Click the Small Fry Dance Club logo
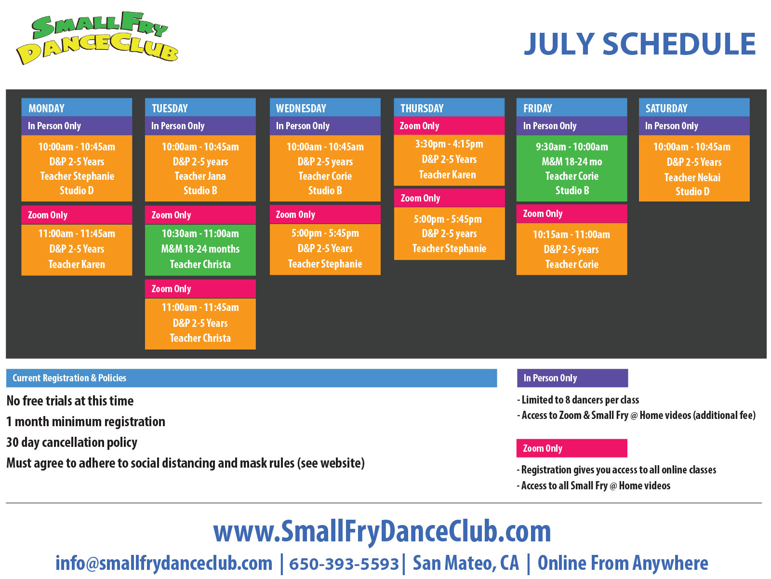click(x=97, y=38)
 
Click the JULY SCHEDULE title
click(x=639, y=44)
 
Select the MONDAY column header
click(x=46, y=108)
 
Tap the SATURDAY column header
click(x=666, y=108)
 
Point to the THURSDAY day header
click(x=422, y=108)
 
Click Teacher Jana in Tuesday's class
click(x=200, y=176)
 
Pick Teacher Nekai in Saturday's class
click(x=692, y=177)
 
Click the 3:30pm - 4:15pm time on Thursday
click(x=449, y=144)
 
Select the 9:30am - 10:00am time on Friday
click(x=572, y=147)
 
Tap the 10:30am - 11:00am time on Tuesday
click(x=200, y=234)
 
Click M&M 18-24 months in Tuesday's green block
click(x=200, y=249)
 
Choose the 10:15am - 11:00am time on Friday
click(x=572, y=234)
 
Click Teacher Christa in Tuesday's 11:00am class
click(x=200, y=338)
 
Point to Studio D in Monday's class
click(x=77, y=190)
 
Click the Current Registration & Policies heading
click(x=69, y=378)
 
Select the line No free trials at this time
click(x=70, y=401)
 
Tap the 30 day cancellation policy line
click(x=72, y=443)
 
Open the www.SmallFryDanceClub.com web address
click(x=382, y=532)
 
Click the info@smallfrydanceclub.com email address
click(x=164, y=563)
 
